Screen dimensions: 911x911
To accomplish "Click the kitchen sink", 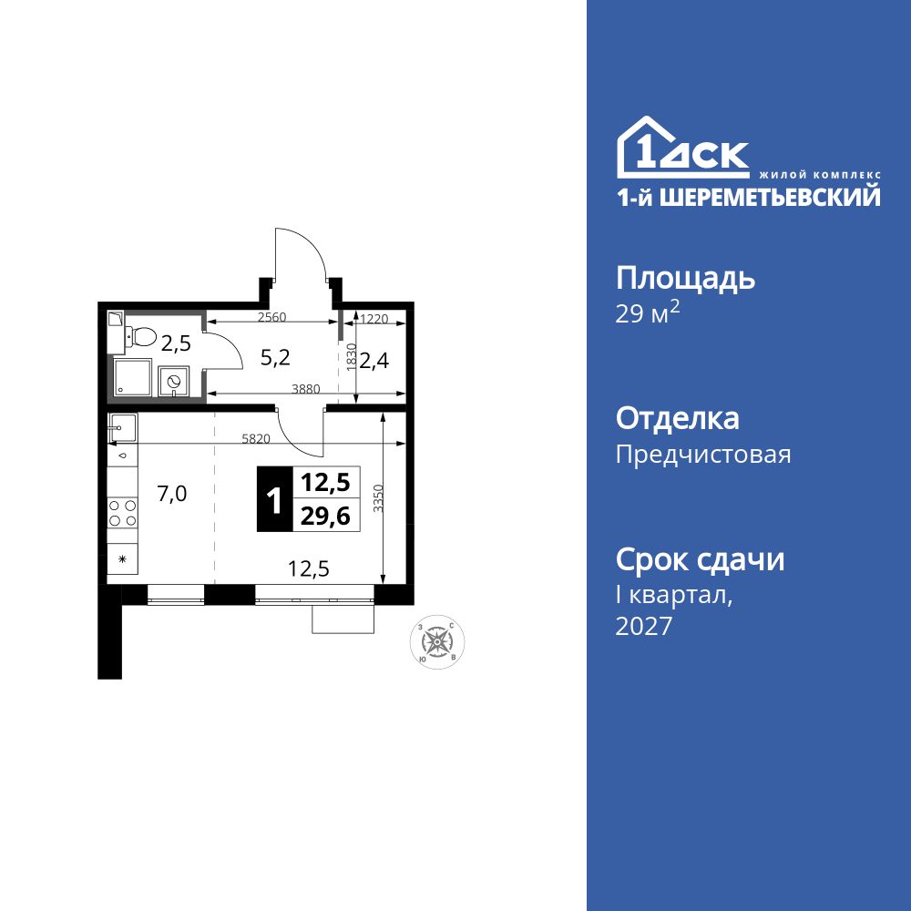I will [x=122, y=425].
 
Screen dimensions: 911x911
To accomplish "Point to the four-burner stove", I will [x=122, y=512].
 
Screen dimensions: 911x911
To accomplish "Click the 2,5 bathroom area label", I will [x=176, y=343].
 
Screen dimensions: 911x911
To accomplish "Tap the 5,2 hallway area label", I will [x=274, y=358].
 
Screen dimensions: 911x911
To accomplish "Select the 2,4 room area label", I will [x=374, y=361].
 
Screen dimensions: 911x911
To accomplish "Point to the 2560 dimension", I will [x=273, y=318].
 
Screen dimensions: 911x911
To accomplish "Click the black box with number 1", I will [x=271, y=499].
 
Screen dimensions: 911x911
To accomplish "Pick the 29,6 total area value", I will [x=325, y=516].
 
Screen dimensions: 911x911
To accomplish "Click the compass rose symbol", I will [x=437, y=640].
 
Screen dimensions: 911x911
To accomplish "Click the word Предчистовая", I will [x=703, y=454].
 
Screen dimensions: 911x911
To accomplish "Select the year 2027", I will [x=644, y=626].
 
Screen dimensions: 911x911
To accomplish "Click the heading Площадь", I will [x=685, y=277].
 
